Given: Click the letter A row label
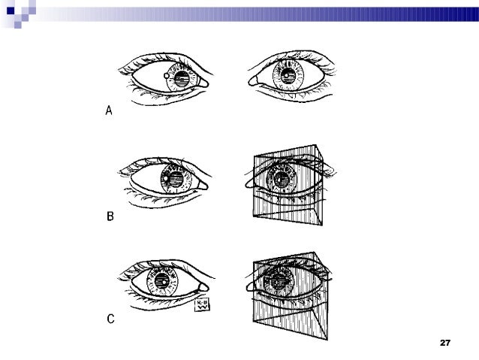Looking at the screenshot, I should click(108, 111).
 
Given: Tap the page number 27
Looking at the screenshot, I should click(444, 343).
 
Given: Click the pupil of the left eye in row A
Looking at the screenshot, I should click(182, 78).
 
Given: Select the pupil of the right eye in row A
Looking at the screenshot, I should click(288, 77).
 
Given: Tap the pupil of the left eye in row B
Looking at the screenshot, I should click(173, 180).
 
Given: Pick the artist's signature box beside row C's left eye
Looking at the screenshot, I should click(202, 305).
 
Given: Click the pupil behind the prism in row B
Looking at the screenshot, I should click(282, 180).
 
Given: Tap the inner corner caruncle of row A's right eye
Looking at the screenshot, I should click(254, 78).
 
